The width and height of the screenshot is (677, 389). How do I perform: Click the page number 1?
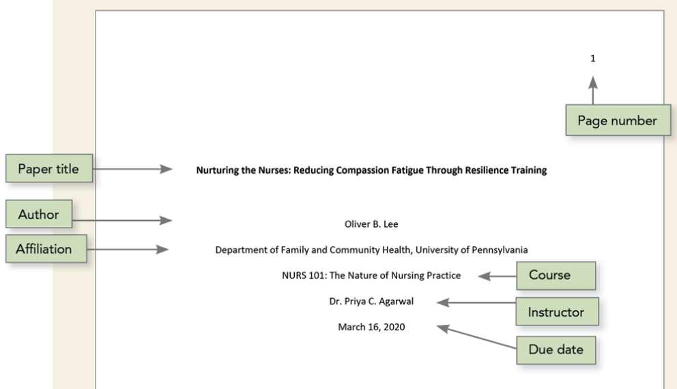[593, 58]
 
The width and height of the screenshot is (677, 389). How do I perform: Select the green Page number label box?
[618, 120]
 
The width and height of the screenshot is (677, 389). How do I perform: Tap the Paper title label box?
[48, 168]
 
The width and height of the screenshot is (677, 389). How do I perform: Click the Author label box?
[39, 214]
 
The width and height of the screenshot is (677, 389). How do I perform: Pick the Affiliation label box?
[46, 249]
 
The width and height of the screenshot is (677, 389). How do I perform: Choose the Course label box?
[556, 276]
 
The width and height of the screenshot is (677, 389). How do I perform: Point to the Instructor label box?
[558, 312]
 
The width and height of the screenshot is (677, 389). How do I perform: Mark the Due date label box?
[556, 349]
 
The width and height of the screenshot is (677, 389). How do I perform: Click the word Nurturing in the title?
[218, 170]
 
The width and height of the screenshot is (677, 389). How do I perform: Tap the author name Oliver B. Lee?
[371, 224]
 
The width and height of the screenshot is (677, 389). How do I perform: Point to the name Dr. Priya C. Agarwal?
[371, 301]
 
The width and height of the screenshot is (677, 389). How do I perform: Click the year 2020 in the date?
[394, 327]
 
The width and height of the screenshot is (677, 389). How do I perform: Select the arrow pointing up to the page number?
[593, 90]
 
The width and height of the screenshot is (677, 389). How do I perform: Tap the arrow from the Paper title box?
[132, 169]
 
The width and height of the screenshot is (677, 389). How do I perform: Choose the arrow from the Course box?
[498, 276]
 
